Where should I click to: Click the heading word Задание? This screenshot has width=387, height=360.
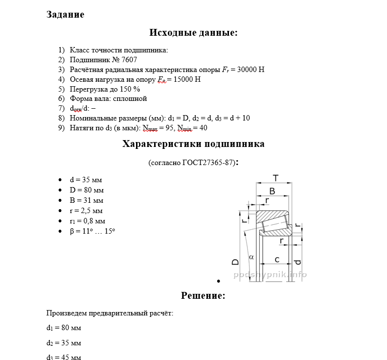[x=65, y=15]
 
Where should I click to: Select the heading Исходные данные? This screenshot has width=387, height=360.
[x=193, y=33]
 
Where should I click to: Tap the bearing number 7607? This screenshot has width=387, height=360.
[x=129, y=60]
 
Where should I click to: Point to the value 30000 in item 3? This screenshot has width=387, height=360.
[x=247, y=70]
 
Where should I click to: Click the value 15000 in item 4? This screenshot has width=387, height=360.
[x=183, y=79]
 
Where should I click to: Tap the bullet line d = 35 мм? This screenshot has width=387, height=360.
[x=86, y=180]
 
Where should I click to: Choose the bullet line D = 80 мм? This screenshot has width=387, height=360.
[x=87, y=190]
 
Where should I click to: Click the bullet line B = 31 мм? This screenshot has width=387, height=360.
[x=86, y=200]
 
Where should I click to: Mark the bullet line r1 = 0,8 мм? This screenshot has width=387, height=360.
[x=87, y=221]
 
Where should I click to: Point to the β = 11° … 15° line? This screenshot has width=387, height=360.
[x=92, y=231]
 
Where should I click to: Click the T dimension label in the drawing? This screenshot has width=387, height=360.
[x=275, y=178]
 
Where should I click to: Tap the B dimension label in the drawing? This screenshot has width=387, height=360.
[x=273, y=191]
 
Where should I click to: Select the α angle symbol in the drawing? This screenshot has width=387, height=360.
[x=251, y=257]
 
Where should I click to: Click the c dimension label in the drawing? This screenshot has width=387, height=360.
[x=276, y=259]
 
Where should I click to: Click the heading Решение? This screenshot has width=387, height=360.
[x=203, y=295]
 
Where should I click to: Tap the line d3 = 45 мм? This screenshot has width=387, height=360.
[x=64, y=358]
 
